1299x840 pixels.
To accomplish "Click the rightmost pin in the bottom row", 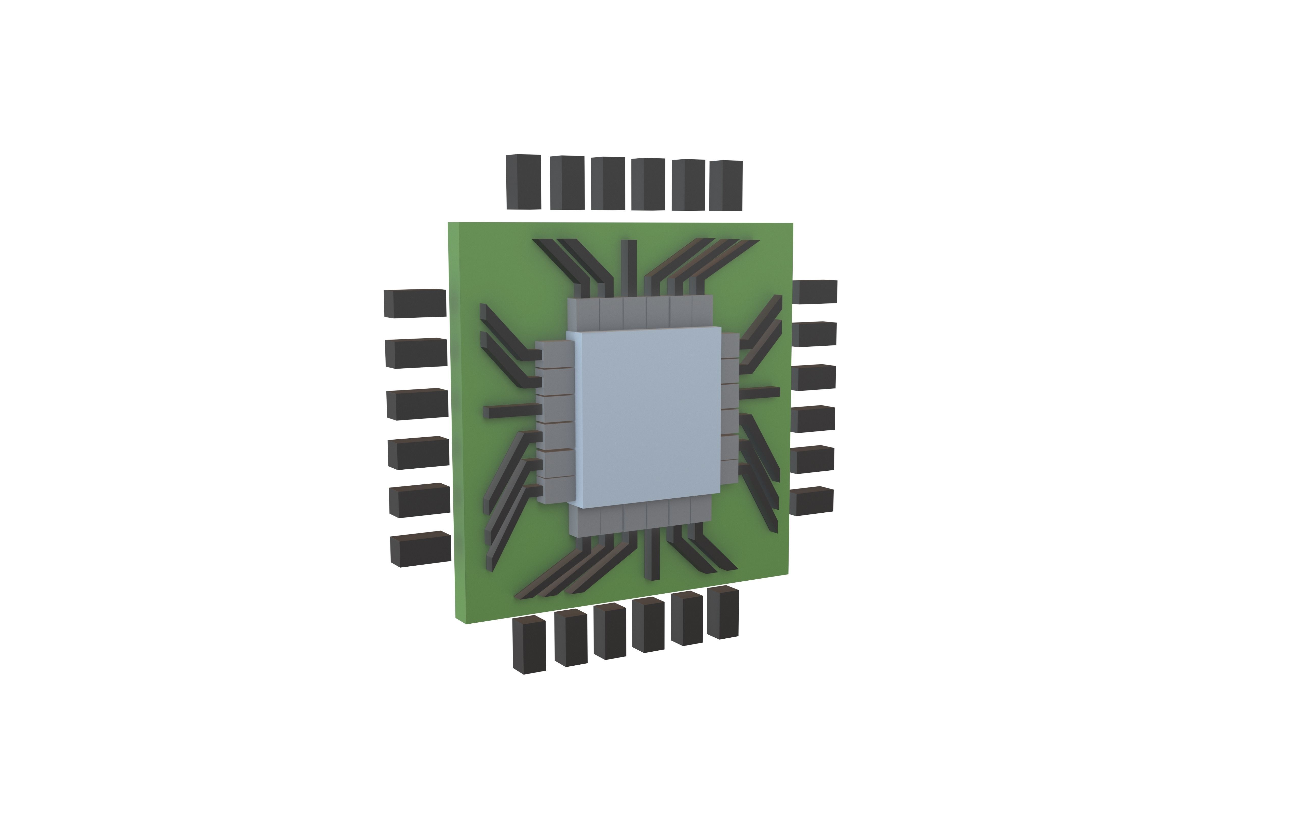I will (722, 612).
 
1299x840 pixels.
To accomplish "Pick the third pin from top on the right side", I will (813, 377).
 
